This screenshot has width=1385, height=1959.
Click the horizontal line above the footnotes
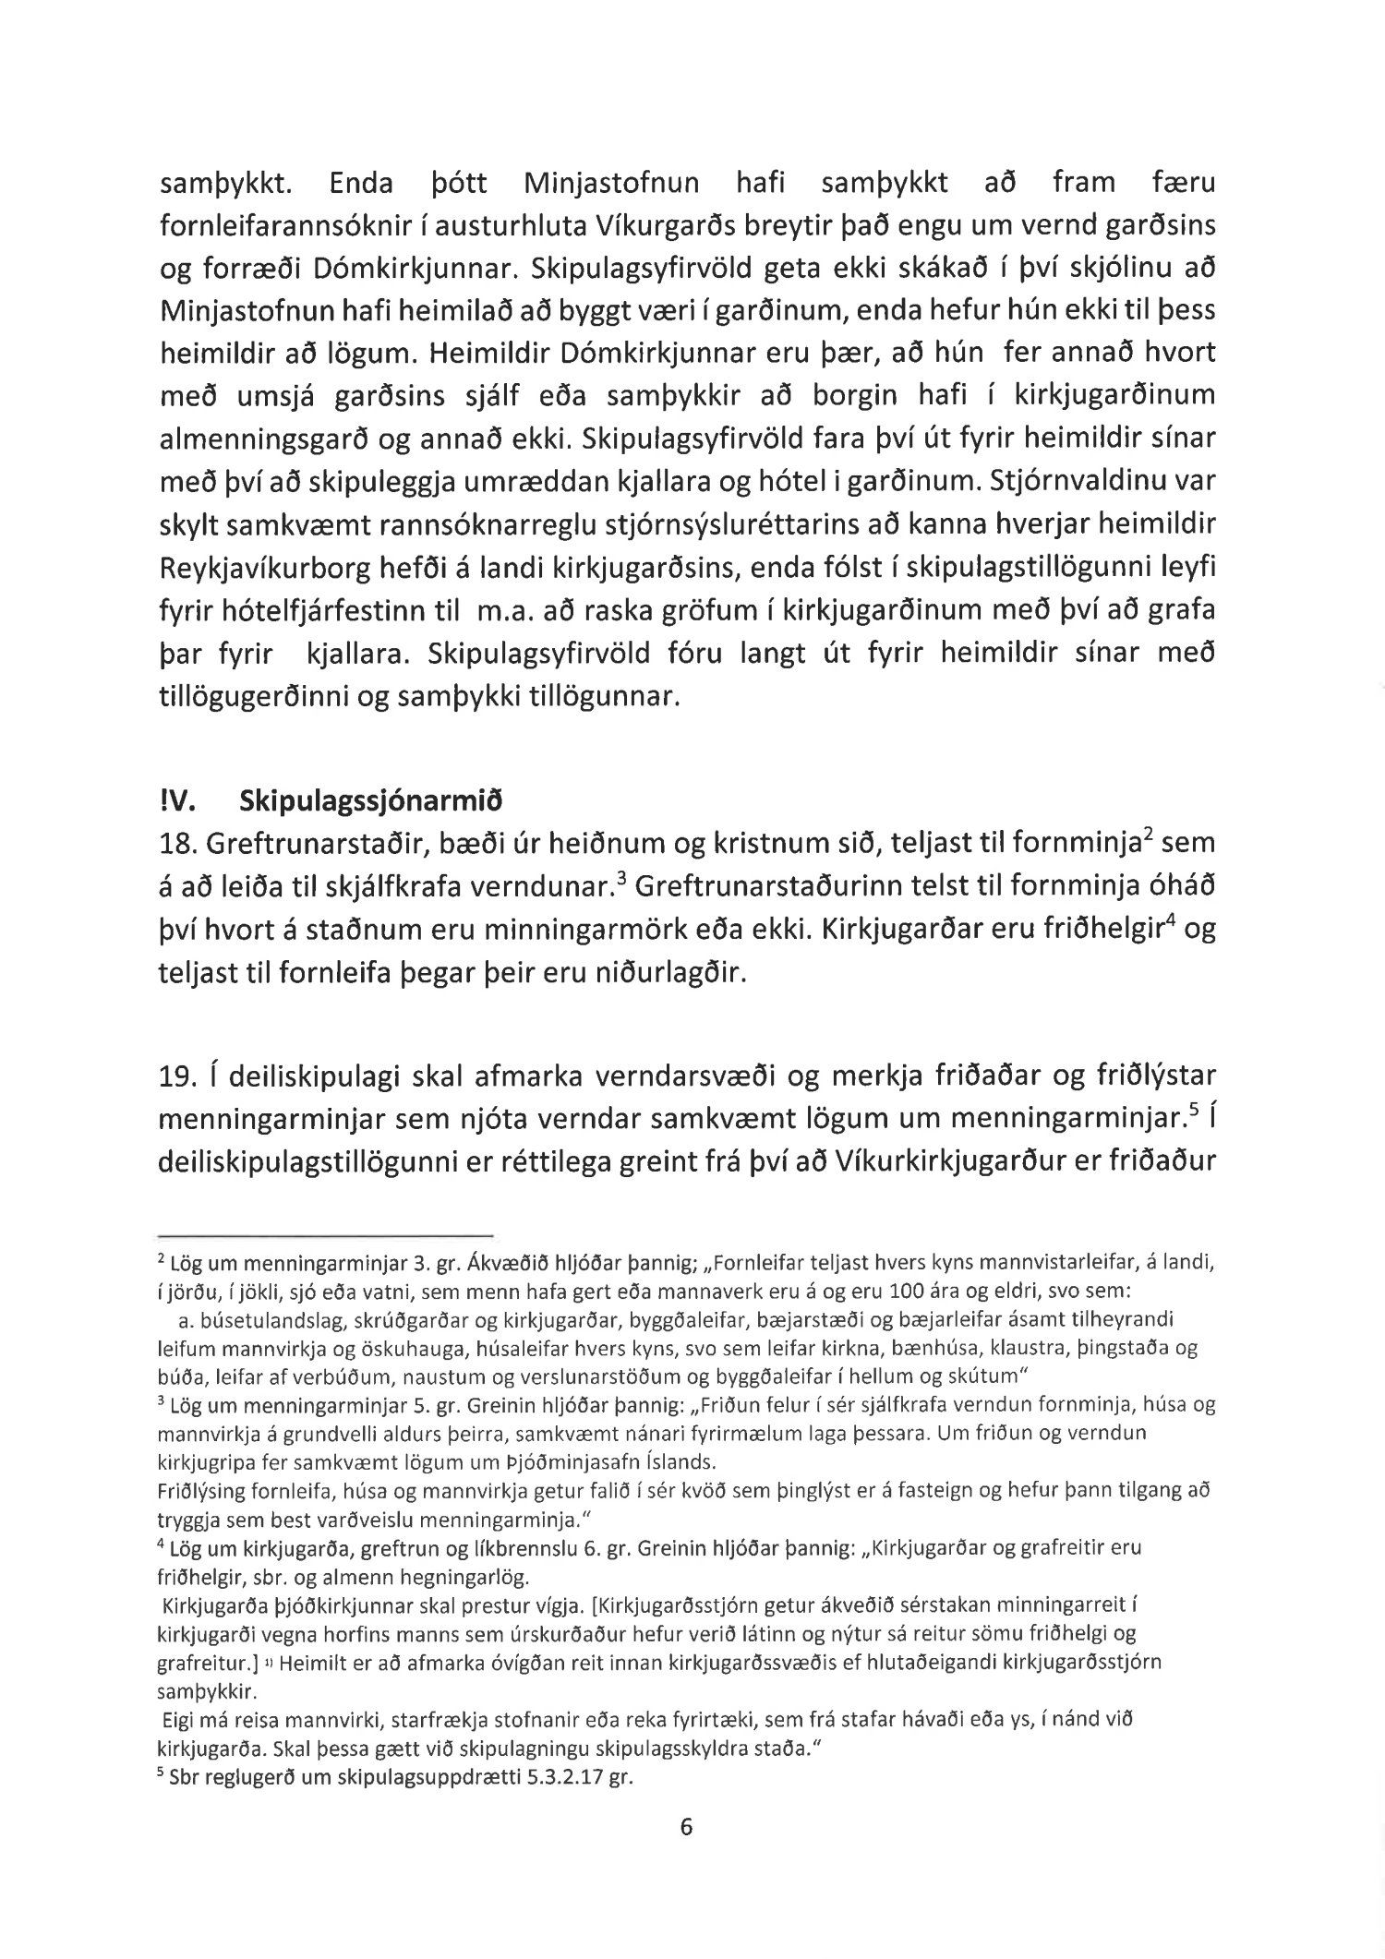(x=327, y=1234)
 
